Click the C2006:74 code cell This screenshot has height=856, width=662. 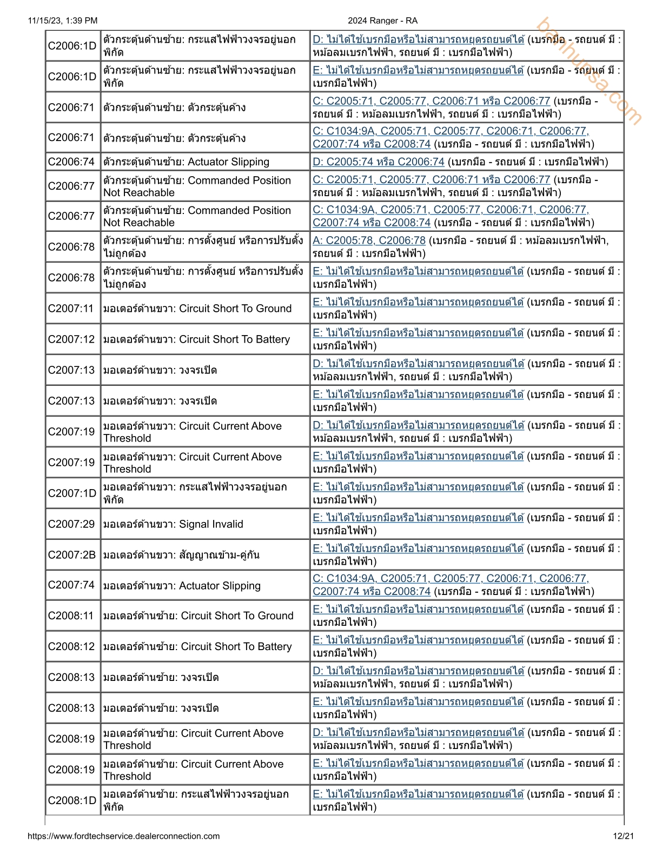pos(71,162)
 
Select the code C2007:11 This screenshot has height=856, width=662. pos(71,309)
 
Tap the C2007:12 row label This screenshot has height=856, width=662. pos(71,339)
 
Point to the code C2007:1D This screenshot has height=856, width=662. pos(72,493)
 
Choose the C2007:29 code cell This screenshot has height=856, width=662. pos(71,524)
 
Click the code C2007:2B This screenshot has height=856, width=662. pos(72,555)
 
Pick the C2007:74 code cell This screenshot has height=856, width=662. pos(71,585)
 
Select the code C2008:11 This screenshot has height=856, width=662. pos(71,616)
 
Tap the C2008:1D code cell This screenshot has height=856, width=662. pos(72,801)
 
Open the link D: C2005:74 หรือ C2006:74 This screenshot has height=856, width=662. pos(379,162)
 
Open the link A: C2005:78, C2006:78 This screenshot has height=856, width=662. pos(369,240)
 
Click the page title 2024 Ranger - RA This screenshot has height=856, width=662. pos(382,21)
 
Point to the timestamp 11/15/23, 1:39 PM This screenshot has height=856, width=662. pos(63,21)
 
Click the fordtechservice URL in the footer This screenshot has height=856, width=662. pos(124,836)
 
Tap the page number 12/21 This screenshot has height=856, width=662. pos(624,836)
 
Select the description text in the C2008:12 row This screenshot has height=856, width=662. pos(197,647)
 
